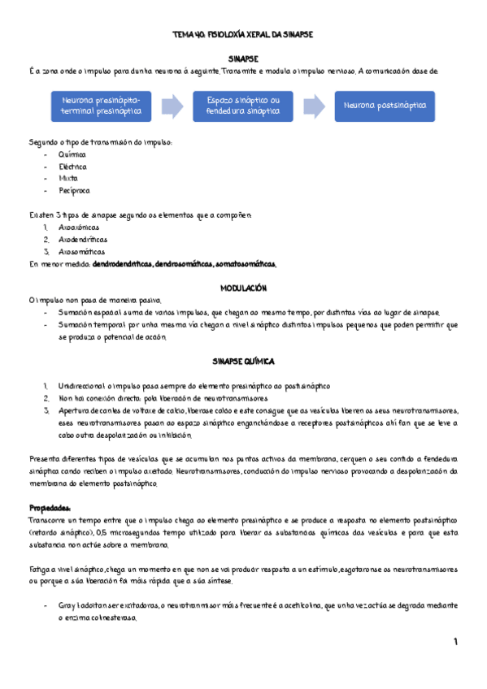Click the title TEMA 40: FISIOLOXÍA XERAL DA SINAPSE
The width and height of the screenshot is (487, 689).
pyautogui.click(x=243, y=36)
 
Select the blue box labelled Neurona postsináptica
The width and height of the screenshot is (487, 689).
pyautogui.click(x=385, y=106)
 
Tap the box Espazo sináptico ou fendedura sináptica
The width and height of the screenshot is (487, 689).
pyautogui.click(x=243, y=106)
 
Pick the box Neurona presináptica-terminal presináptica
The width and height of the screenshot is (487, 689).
pyautogui.click(x=102, y=106)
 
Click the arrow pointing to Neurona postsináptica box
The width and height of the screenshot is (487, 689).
pyautogui.click(x=314, y=106)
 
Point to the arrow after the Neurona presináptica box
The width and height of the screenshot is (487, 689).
pyautogui.click(x=172, y=106)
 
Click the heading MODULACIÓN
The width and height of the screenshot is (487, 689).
pyautogui.click(x=244, y=288)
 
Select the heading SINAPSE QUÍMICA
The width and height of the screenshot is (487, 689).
pyautogui.click(x=244, y=359)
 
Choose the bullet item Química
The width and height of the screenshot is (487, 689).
pyautogui.click(x=72, y=154)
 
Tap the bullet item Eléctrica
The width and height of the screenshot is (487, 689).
pyautogui.click(x=73, y=167)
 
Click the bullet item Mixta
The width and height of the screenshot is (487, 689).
pyautogui.click(x=69, y=179)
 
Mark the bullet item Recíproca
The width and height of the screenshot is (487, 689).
pyautogui.click(x=75, y=191)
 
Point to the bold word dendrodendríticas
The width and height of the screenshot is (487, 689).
pyautogui.click(x=122, y=265)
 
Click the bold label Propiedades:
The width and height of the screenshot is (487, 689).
pyautogui.click(x=50, y=507)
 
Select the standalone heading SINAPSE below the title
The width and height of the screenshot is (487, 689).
pyautogui.click(x=243, y=59)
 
